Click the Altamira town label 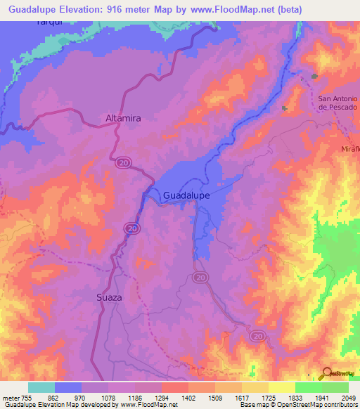pos(123,119)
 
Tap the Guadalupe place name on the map pos(186,196)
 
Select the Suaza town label pos(109,297)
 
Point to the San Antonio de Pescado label pos(338,103)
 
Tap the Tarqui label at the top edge pos(49,22)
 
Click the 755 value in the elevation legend pos(27,398)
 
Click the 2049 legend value pos(349,398)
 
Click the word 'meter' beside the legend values pos(10,398)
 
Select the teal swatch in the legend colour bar pos(41,387)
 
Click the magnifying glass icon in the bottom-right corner pos(328,374)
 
